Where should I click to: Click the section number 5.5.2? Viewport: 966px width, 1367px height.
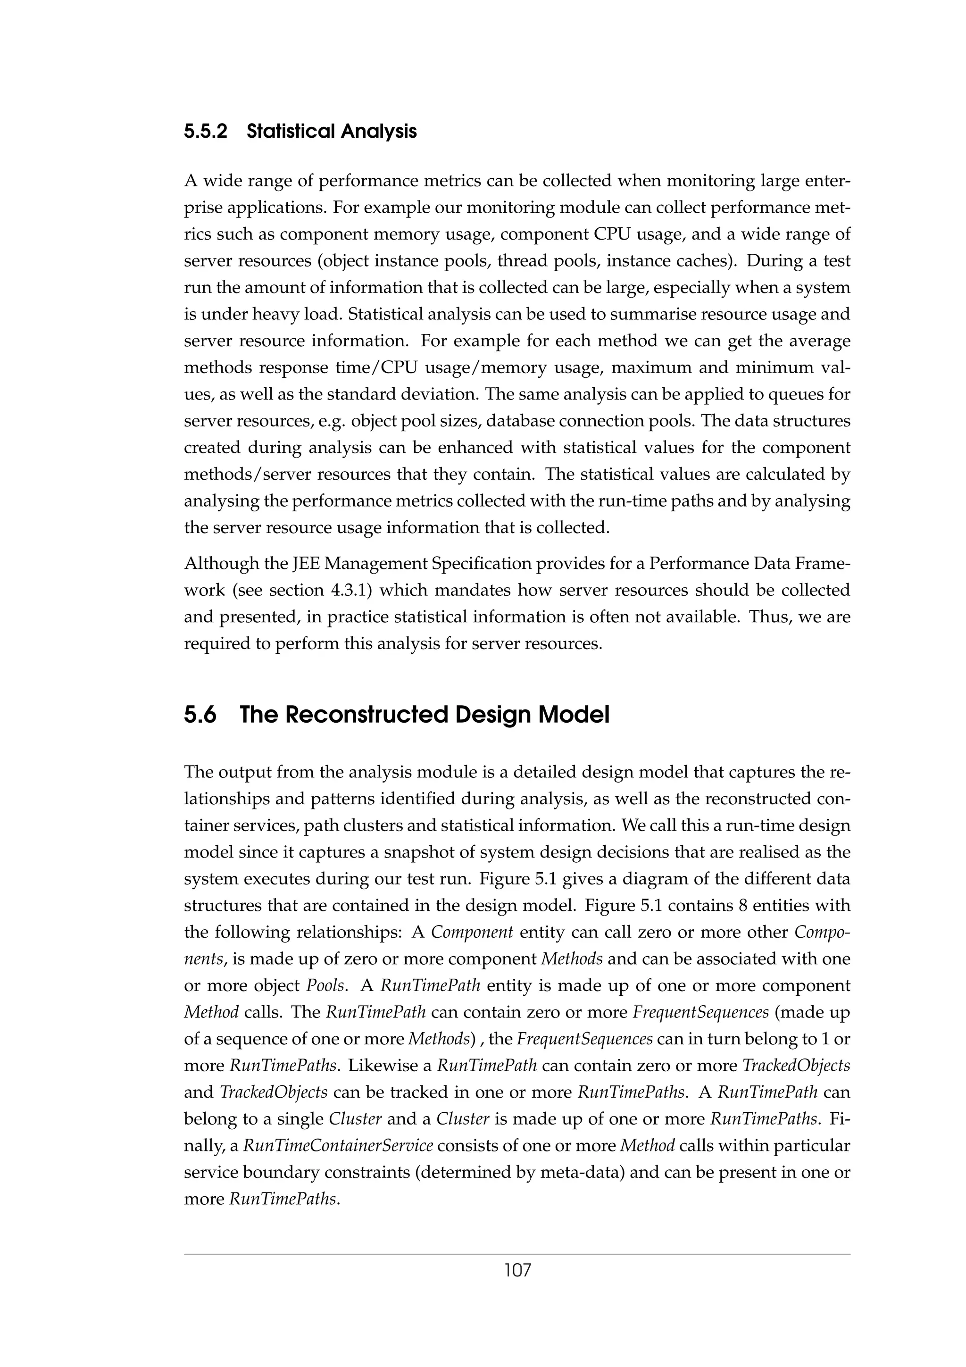coord(205,131)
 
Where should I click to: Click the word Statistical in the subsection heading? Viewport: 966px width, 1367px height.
coord(288,131)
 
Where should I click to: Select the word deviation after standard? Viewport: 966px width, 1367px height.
coord(444,394)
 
